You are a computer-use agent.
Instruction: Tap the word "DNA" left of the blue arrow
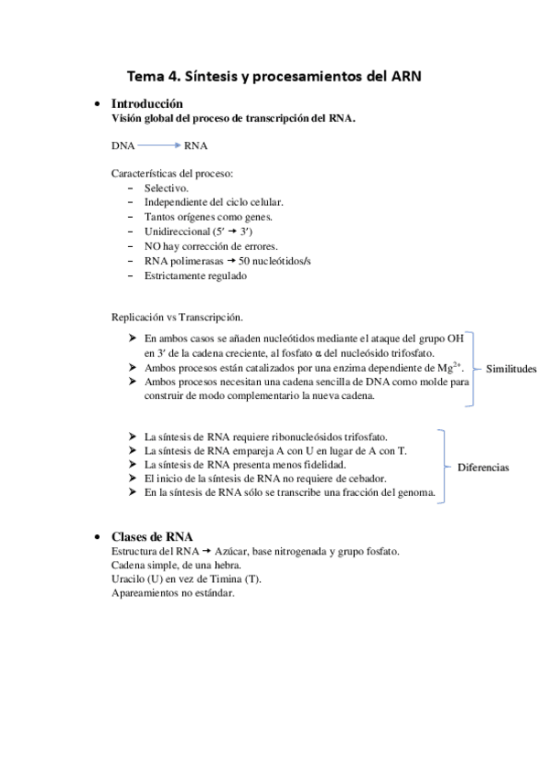tap(123, 145)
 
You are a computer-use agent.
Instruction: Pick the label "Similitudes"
tap(510, 369)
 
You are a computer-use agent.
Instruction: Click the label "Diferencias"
tap(483, 468)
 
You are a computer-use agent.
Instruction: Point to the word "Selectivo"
tap(167, 188)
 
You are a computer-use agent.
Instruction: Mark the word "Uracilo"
tap(131, 578)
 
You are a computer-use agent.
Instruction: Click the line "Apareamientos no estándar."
tap(173, 592)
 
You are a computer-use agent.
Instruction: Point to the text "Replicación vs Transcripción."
tap(177, 318)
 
